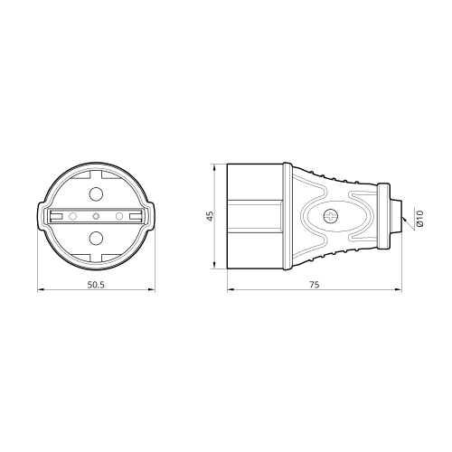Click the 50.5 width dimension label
coord(96,285)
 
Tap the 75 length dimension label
coord(314,285)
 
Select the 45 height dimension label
coord(210,216)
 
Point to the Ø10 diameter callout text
coord(420,219)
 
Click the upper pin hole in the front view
coord(96,193)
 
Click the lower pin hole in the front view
coord(96,238)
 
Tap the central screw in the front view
coord(96,216)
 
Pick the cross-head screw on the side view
coord(330,216)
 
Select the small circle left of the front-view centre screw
coord(72,216)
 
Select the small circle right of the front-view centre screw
coord(119,216)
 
